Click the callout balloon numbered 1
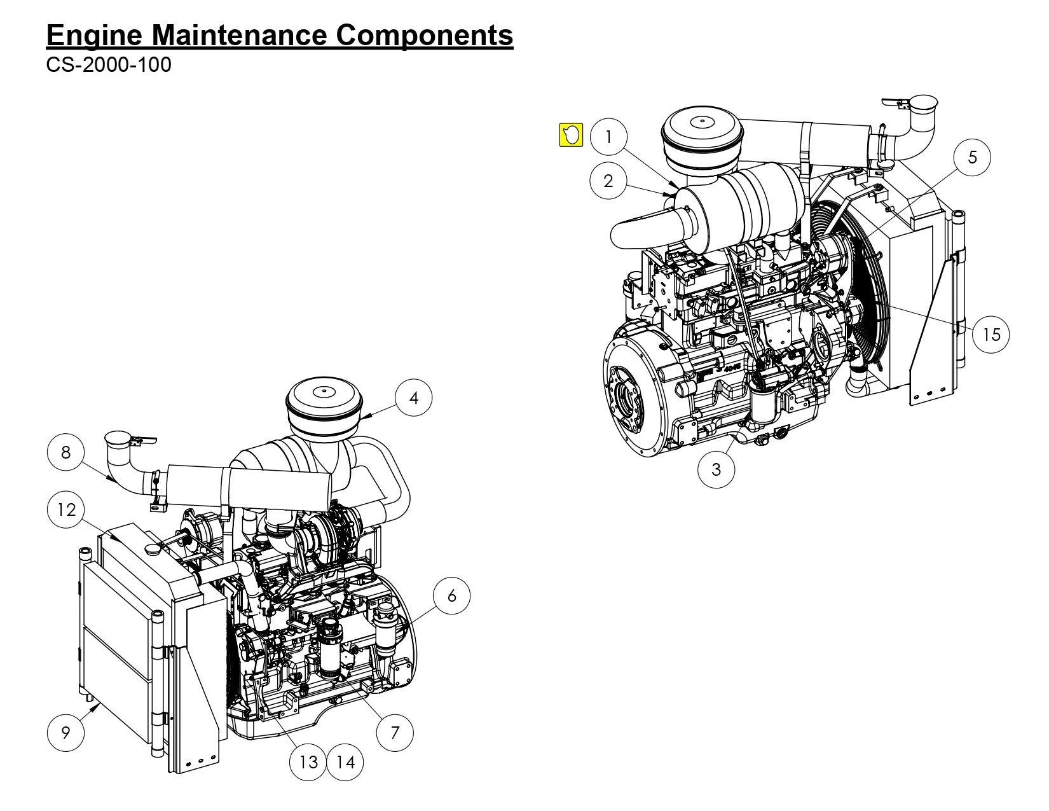tap(608, 137)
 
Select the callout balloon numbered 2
tap(608, 181)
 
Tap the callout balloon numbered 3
tap(716, 469)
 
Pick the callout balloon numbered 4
tap(414, 398)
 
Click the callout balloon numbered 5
tap(972, 157)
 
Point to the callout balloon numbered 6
tap(452, 596)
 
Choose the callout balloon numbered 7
tap(395, 733)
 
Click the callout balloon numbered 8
tap(66, 452)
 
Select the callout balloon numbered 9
tap(66, 733)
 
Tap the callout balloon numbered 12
tap(66, 509)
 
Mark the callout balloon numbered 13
tap(308, 761)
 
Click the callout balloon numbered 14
tap(345, 761)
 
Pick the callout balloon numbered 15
tap(991, 334)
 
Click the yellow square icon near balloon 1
tap(571, 135)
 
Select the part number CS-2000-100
tap(109, 65)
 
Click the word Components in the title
tap(424, 36)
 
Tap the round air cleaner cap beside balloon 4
tap(323, 407)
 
